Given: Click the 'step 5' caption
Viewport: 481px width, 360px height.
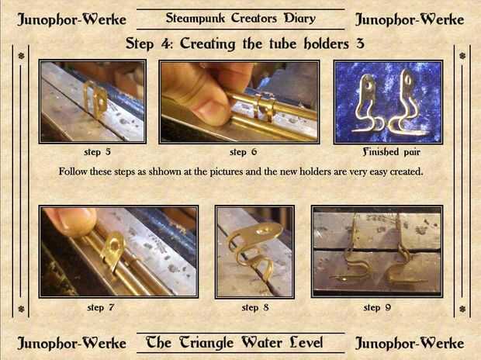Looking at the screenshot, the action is click(97, 152).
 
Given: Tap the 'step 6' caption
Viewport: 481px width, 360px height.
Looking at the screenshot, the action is click(244, 152).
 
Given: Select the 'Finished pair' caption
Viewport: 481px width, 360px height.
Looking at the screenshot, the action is click(391, 151).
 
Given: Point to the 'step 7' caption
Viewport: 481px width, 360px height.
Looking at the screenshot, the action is click(101, 307).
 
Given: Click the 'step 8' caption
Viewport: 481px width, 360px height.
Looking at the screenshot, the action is click(255, 307).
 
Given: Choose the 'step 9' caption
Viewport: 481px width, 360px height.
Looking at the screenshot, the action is click(377, 307).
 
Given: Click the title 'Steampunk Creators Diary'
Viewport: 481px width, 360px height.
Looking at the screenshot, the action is click(240, 19).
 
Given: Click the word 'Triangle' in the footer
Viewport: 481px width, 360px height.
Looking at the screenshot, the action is click(206, 343).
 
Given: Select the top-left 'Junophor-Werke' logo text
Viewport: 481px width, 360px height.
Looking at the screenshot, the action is click(71, 19).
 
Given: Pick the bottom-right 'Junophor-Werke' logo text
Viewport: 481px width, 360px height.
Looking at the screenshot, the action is click(410, 344).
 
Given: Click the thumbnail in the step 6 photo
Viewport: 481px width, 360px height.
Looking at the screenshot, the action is click(211, 109).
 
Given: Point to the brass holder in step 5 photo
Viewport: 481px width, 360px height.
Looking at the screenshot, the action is click(95, 99).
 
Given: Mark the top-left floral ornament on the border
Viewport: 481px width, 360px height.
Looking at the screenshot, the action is click(21, 56).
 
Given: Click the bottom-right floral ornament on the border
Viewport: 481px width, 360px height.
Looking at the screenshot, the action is click(462, 309).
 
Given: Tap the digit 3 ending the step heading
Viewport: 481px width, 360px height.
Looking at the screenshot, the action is click(360, 43).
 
